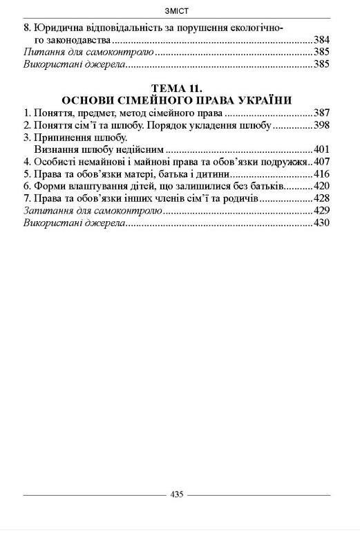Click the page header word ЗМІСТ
tap(179, 10)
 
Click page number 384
tap(321, 40)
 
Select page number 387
tap(321, 112)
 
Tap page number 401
tap(321, 149)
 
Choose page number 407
tap(321, 161)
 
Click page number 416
tap(321, 174)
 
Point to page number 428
tap(321, 198)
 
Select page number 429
tap(321, 210)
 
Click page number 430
tap(321, 223)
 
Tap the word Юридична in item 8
tap(58, 28)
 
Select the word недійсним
tap(140, 149)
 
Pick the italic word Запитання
tap(47, 210)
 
